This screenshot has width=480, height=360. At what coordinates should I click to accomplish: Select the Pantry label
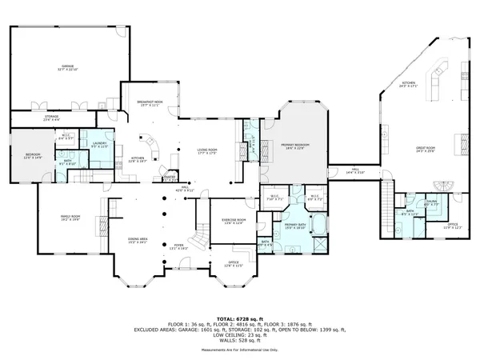click(x=170, y=178)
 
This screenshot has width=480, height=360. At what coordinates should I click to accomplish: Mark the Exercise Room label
click(x=234, y=220)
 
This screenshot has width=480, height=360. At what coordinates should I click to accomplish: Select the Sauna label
click(x=431, y=203)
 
